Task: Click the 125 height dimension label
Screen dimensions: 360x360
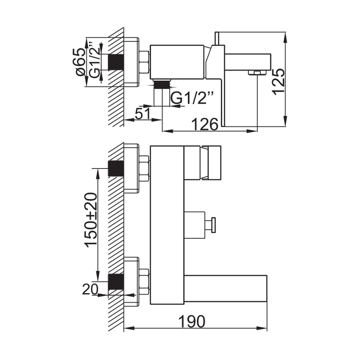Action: coord(278,81)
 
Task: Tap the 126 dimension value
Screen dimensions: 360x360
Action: coord(205,124)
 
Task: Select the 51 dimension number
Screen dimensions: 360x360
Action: coord(142,114)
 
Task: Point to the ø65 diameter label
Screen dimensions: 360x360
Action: coord(80,62)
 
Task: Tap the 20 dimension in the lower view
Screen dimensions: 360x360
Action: coord(90,289)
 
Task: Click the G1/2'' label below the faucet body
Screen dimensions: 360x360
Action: coord(193,98)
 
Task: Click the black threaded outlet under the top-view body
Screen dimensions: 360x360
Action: coord(162,84)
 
